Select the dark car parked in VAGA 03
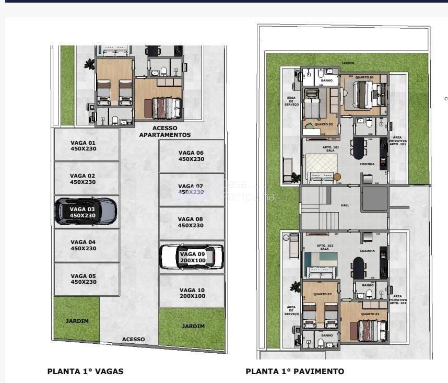click(x=86, y=211)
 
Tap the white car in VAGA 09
click(x=191, y=257)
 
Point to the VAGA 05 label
click(x=83, y=278)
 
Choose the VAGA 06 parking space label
click(x=191, y=156)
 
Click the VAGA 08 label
click(x=191, y=223)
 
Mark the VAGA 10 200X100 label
click(x=192, y=293)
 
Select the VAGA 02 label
click(x=82, y=179)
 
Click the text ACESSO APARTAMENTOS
click(x=164, y=131)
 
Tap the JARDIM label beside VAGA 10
click(x=193, y=326)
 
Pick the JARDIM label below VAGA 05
click(x=77, y=321)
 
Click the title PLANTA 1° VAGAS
click(x=85, y=372)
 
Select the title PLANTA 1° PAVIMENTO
click(x=294, y=372)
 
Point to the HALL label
click(x=345, y=205)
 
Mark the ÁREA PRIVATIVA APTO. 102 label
click(x=397, y=299)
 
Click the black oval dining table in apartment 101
click(x=359, y=148)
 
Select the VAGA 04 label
click(x=83, y=245)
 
